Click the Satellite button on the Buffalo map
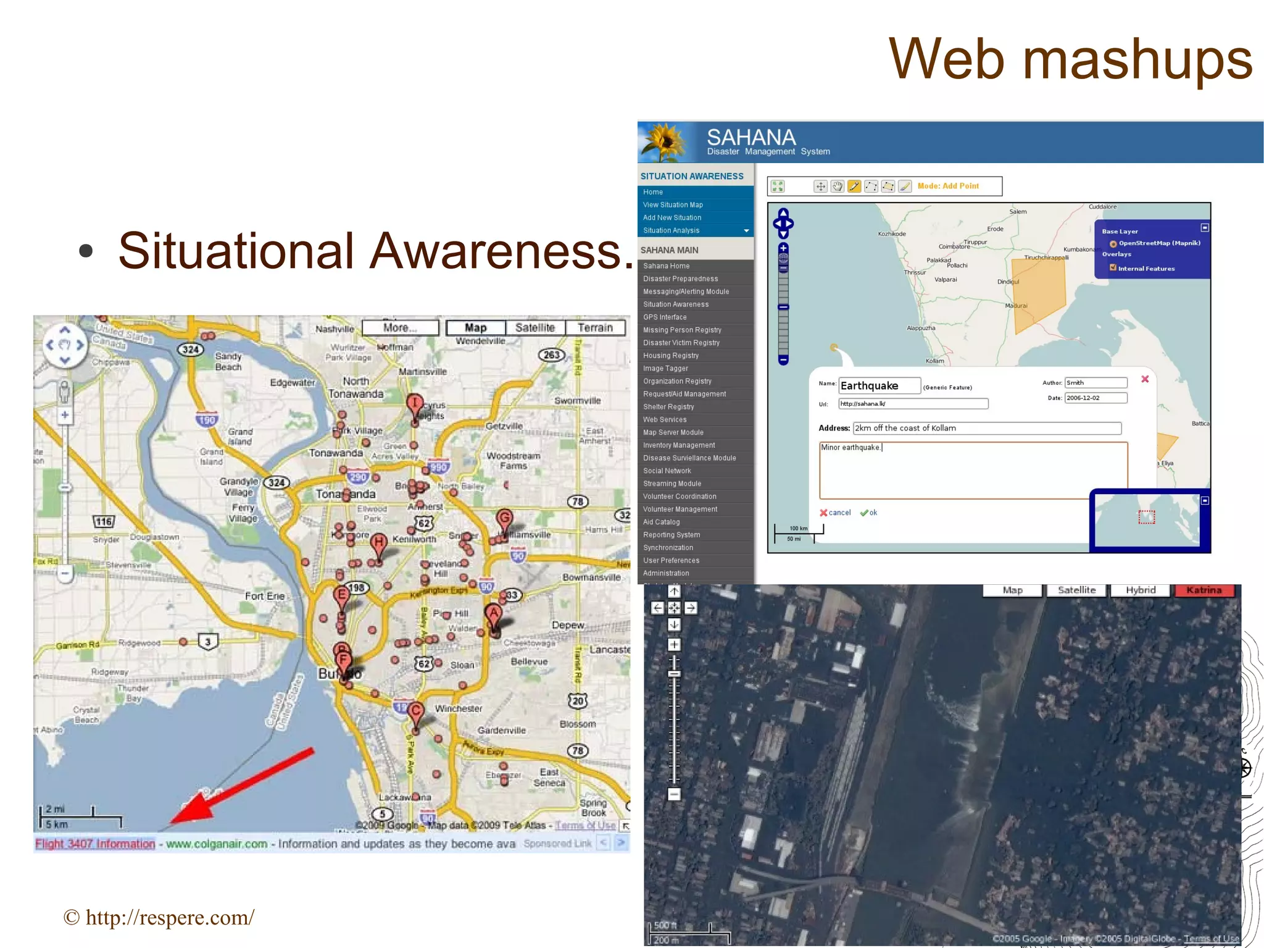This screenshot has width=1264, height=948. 534,328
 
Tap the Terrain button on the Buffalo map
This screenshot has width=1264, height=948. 595,328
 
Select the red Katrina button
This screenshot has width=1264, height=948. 1204,590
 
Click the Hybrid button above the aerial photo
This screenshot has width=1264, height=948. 1140,590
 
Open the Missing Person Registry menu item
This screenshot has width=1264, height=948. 682,330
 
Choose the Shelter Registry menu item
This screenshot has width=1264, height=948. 668,407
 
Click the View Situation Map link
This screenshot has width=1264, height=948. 673,205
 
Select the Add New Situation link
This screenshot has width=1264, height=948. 672,218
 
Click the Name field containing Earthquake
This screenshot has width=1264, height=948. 879,386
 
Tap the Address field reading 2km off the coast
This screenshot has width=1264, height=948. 986,429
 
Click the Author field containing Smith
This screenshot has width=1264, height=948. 1096,383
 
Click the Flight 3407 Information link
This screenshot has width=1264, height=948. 95,844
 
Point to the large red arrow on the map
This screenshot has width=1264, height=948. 241,787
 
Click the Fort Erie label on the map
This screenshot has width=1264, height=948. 265,596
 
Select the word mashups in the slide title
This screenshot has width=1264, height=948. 1137,60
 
